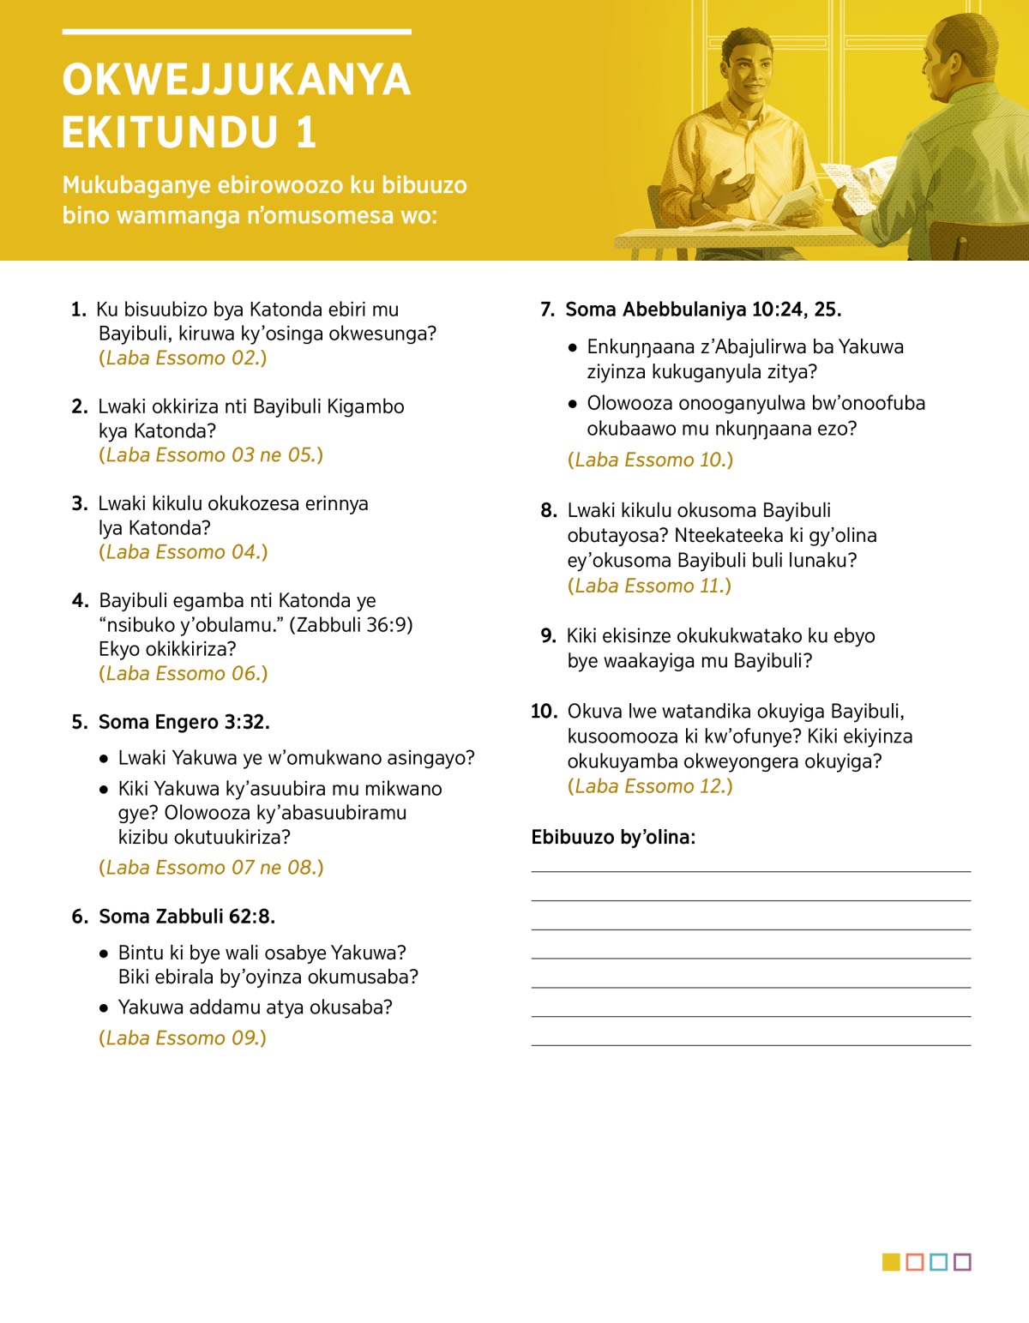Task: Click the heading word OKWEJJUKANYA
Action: pos(236,80)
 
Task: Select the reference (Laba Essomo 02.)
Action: pos(183,358)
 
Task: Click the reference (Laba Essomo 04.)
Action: pos(184,552)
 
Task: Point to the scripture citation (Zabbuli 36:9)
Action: pos(351,625)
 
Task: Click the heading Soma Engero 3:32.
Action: pos(184,722)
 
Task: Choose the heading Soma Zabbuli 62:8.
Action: pos(187,917)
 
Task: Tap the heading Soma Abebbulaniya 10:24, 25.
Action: pos(703,310)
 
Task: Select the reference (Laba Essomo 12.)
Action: pos(650,786)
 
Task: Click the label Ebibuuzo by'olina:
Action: pos(613,838)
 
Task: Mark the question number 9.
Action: pos(548,636)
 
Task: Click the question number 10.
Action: pos(544,712)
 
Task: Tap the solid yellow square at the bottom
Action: pos(891,1262)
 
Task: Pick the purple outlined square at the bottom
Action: pos(962,1262)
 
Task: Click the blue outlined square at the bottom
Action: pos(938,1262)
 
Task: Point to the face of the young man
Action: pos(744,69)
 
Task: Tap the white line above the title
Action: pos(236,32)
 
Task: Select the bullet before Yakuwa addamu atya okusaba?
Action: pos(104,1008)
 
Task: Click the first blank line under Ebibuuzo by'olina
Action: pos(750,871)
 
